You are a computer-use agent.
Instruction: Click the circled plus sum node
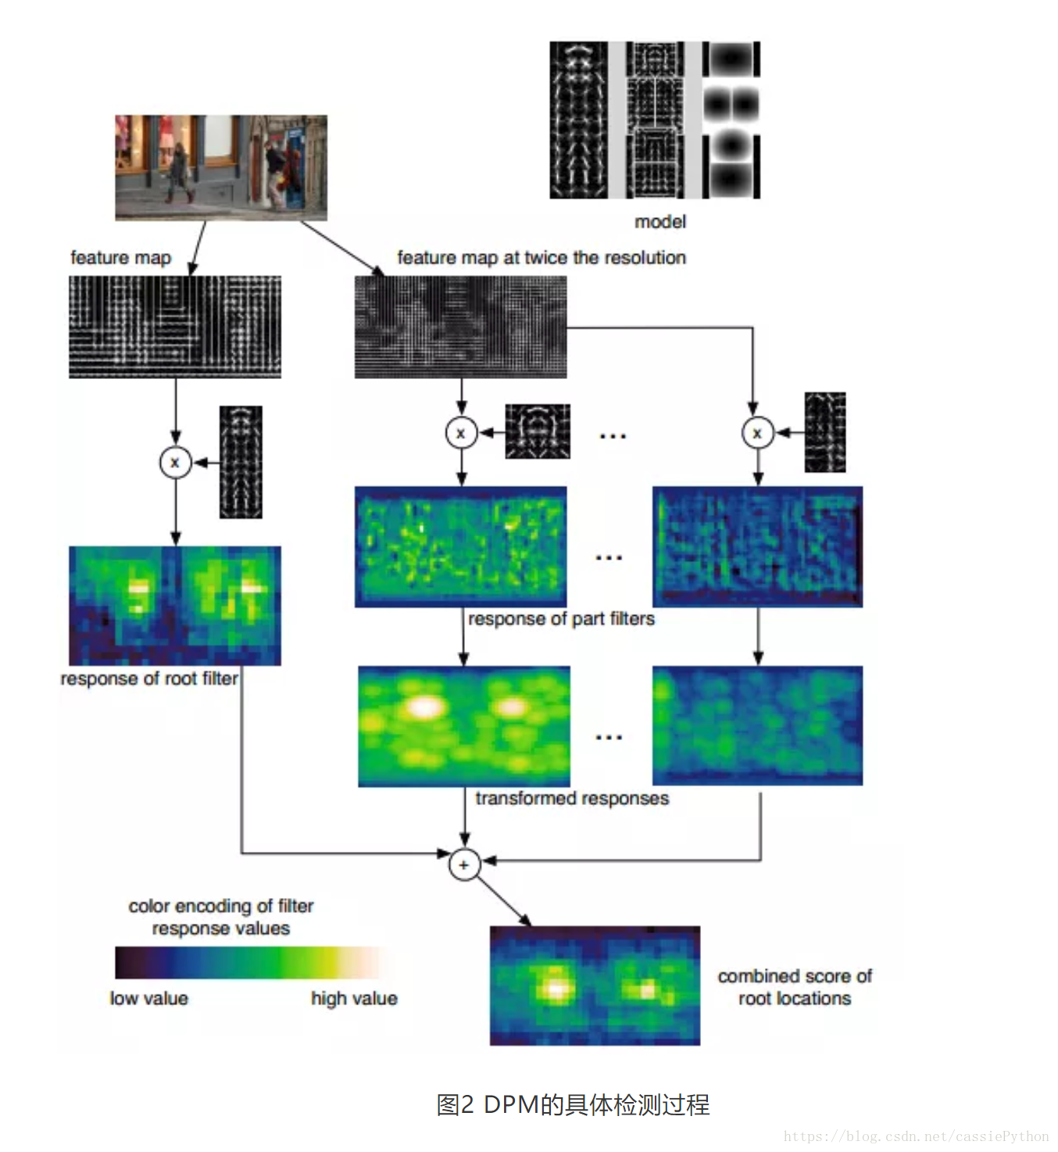pos(464,864)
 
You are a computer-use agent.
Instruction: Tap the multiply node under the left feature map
pos(175,462)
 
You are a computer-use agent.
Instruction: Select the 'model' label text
pos(660,222)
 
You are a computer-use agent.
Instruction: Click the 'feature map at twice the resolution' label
pos(542,257)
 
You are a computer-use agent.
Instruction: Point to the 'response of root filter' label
pos(149,678)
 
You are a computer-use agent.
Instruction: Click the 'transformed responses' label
pos(572,798)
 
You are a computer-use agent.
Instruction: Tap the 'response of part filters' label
pos(561,619)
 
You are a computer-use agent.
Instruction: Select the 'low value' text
pos(148,998)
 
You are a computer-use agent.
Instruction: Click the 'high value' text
pos(354,998)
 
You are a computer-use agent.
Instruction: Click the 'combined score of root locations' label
pos(795,987)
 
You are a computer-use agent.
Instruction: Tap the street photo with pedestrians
pos(221,167)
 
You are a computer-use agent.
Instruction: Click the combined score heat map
pos(595,986)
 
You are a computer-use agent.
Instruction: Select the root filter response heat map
pos(175,606)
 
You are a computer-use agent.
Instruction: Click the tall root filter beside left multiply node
pos(241,462)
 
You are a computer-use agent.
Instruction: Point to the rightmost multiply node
pos(756,433)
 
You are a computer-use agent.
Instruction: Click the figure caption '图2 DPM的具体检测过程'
pos(573,1104)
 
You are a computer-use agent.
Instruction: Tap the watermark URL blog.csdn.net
pos(916,1136)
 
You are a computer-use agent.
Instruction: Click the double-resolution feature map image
pos(460,327)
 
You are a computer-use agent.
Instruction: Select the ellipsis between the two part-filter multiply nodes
pos(612,436)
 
